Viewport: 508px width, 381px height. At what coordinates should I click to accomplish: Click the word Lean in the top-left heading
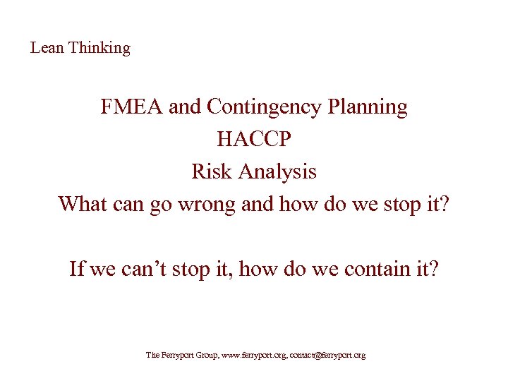tap(47, 48)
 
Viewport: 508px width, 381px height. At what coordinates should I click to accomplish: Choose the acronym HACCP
tap(253, 139)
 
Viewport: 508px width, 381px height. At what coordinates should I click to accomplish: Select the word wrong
tap(211, 205)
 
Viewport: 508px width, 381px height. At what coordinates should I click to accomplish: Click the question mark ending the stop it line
tap(445, 204)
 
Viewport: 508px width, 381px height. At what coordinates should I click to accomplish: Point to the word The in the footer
tap(153, 356)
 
